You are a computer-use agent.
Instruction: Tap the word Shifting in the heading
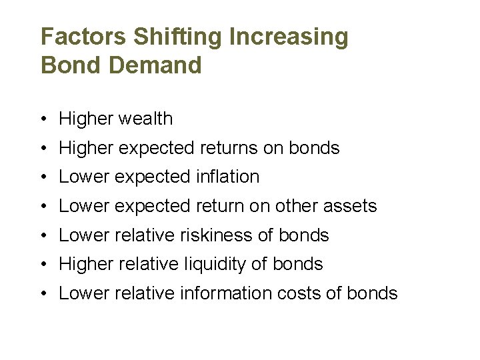click(x=178, y=37)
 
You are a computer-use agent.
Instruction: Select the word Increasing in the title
click(x=289, y=37)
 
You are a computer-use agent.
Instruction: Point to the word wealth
click(x=145, y=119)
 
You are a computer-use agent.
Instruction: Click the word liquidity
click(x=219, y=264)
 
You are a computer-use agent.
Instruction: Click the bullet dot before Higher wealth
click(x=42, y=119)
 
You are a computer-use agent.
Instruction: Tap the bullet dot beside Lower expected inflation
click(x=42, y=177)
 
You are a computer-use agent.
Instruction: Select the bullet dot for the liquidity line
click(x=42, y=265)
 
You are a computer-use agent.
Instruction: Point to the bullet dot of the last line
click(x=42, y=294)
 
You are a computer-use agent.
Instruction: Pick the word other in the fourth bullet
click(x=293, y=206)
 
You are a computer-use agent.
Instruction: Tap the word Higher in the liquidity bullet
click(x=87, y=264)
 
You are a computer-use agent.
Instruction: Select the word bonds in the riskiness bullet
click(x=303, y=235)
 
